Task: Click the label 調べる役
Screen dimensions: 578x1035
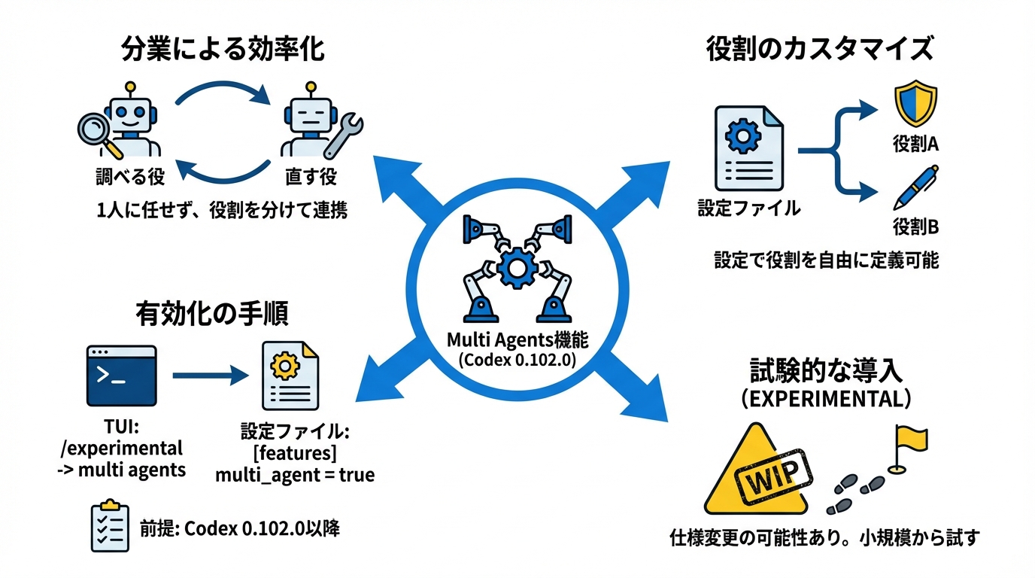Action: pyautogui.click(x=129, y=177)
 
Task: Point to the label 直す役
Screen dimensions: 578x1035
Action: pyautogui.click(x=311, y=177)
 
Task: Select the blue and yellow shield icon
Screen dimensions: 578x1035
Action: pyautogui.click(x=915, y=105)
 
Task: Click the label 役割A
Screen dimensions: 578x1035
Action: pyautogui.click(x=915, y=144)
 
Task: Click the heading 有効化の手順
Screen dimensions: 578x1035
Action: pyautogui.click(x=212, y=312)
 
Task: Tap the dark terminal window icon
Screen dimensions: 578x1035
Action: pyautogui.click(x=121, y=376)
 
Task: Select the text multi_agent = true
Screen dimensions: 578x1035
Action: pyautogui.click(x=295, y=476)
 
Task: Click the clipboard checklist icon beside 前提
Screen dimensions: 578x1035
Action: pyautogui.click(x=108, y=525)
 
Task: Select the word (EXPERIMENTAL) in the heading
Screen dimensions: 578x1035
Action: pyautogui.click(x=825, y=399)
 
